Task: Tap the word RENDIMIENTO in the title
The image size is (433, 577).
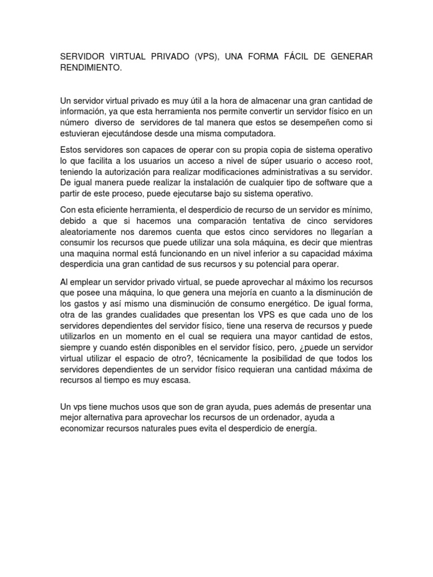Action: [x=90, y=68]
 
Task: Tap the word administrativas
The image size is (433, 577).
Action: [x=303, y=172]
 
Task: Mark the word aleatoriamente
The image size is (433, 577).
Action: [x=92, y=232]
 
